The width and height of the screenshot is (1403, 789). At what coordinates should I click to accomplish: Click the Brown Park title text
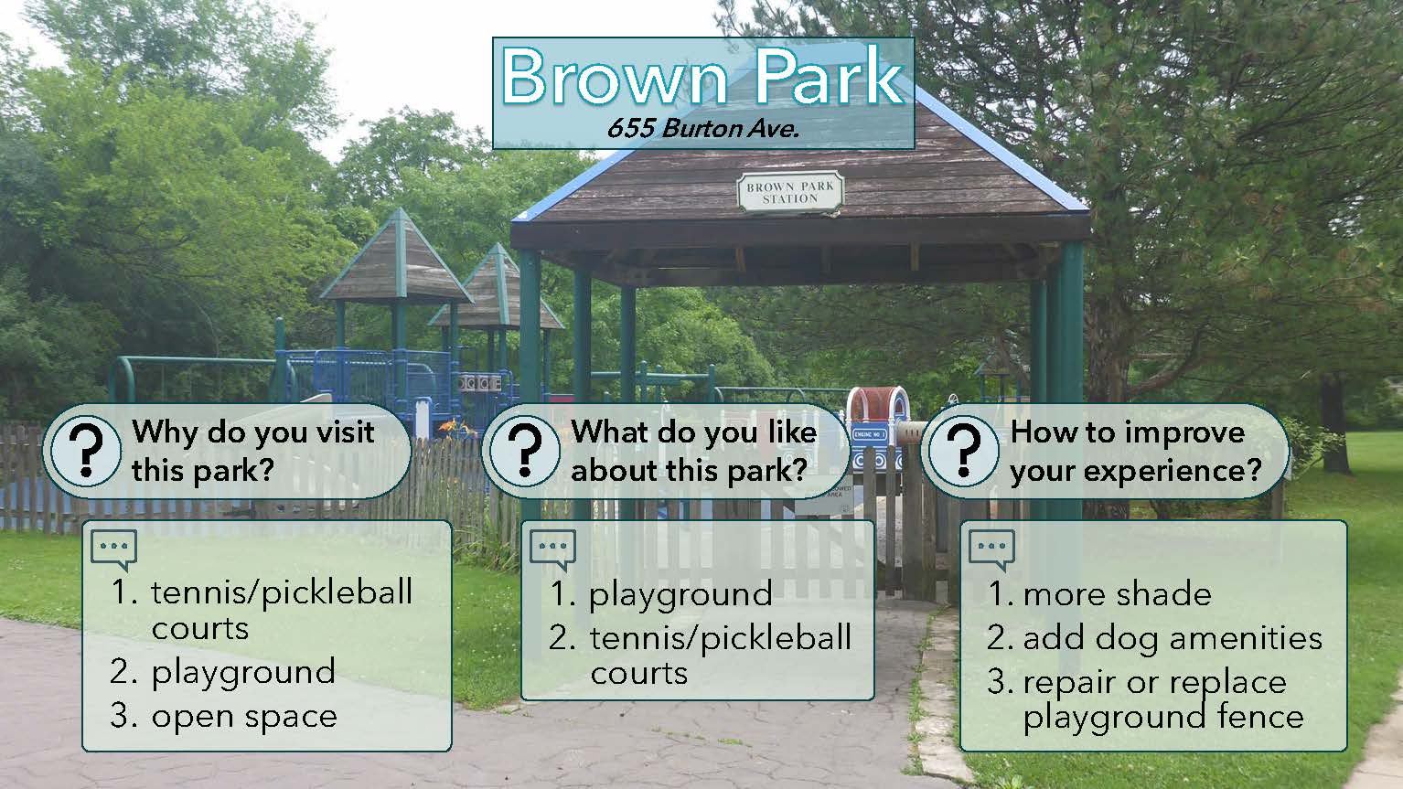coord(702,77)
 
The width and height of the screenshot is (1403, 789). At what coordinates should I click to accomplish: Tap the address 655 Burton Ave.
coord(702,128)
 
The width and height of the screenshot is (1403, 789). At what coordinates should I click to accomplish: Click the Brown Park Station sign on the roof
coord(790,192)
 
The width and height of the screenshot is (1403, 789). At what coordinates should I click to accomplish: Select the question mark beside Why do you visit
coord(85,450)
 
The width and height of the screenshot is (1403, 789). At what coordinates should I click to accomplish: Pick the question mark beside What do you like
coord(525,450)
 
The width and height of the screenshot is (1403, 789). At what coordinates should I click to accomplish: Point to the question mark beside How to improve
coord(964,450)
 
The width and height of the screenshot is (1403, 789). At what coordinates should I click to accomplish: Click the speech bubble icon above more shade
coord(991,549)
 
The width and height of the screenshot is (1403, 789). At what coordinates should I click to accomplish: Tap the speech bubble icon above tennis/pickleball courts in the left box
coord(114,549)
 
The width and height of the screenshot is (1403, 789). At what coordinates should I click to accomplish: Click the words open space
coord(244,718)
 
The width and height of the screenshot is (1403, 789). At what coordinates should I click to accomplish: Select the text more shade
coord(1117,594)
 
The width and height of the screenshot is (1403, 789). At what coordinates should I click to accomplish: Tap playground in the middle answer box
coord(680,596)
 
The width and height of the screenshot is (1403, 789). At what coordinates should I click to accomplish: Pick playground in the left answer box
coord(243,674)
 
